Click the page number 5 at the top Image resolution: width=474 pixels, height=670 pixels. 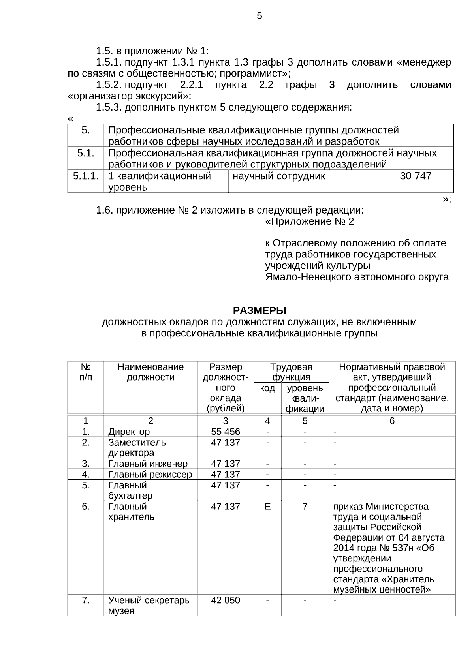coord(259,16)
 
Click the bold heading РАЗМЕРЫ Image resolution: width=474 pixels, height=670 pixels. coord(259,310)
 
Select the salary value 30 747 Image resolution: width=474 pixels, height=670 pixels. coord(416,176)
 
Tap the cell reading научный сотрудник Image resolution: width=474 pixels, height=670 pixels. coord(279,176)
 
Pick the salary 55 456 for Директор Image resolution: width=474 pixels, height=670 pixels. coord(225,432)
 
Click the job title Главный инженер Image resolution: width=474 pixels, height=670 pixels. coord(148,464)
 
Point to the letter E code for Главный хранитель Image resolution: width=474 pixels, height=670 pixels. coord(267,506)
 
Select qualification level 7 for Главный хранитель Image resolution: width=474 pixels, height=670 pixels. coord(305,506)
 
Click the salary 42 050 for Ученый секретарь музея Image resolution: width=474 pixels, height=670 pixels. coord(225,600)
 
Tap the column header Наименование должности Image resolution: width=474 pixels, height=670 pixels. coord(150,372)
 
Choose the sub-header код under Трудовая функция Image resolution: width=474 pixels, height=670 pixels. coord(267,388)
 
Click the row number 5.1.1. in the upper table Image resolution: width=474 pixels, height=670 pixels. coord(86,176)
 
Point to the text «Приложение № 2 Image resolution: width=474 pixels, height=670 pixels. coord(309,221)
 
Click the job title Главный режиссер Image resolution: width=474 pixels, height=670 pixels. coord(150,474)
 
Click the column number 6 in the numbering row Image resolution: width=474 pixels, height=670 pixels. coord(392,421)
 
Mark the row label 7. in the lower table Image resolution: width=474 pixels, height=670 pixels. coord(86,600)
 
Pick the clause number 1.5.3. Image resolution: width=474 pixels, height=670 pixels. coord(109,107)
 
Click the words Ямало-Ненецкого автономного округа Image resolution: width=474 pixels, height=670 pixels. coord(357,277)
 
